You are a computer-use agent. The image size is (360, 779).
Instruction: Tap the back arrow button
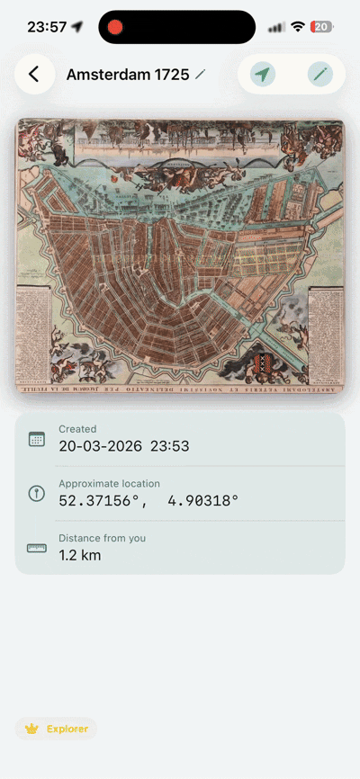33,74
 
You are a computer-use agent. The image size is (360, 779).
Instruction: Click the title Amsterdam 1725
128,75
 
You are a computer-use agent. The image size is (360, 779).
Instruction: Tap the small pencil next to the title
200,74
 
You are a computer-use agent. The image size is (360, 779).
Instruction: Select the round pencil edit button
319,75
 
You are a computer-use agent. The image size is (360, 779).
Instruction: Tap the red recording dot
115,27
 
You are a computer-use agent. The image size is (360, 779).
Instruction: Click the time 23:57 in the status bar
47,27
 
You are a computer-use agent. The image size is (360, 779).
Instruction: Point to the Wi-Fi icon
298,27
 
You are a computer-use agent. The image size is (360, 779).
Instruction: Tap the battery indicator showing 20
321,27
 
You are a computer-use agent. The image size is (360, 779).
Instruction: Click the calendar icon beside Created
37,439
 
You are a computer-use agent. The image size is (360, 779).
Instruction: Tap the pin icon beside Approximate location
37,493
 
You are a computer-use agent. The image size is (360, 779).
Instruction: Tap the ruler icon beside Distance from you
37,547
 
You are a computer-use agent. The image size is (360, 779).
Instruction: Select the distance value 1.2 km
80,555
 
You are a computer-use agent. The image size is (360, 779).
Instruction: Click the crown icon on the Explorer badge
32,729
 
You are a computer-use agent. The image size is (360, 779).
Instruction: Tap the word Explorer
67,729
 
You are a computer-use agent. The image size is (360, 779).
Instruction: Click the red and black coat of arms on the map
264,363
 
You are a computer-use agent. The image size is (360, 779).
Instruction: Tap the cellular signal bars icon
277,28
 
